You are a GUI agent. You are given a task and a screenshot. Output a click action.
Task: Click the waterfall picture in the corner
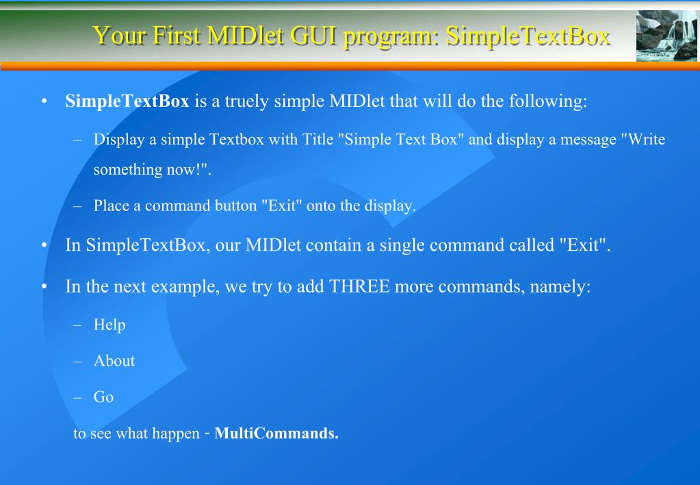point(666,36)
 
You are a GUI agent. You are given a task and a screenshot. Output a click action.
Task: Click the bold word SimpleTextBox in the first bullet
point(127,102)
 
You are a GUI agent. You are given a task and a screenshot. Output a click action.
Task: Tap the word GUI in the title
point(314,35)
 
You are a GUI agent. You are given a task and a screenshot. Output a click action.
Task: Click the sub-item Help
point(109,325)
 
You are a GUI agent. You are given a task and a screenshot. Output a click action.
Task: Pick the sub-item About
point(114,360)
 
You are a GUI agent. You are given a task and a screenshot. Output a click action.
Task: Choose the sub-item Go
point(103,397)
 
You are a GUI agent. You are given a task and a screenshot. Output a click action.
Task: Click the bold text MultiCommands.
point(276,434)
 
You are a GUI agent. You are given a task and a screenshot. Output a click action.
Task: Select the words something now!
point(152,170)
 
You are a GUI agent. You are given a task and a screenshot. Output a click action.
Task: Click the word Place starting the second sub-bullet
point(112,206)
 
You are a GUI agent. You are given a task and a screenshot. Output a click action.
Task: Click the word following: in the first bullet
point(548,102)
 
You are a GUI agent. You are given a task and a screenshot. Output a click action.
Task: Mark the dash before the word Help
point(78,325)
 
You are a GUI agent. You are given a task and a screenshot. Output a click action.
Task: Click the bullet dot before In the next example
point(44,286)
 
